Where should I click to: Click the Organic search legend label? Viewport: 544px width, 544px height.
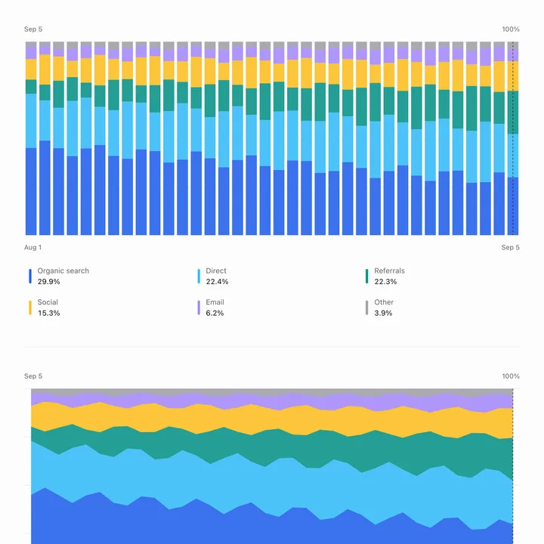tap(63, 270)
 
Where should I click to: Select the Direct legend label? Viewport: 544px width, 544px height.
tap(216, 270)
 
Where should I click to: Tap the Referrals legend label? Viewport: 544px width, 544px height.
tap(389, 270)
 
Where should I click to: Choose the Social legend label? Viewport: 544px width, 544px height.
tap(48, 302)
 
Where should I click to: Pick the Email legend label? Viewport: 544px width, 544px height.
tap(215, 302)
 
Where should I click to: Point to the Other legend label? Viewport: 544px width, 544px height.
tap(384, 302)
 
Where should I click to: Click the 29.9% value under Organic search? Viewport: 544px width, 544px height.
tap(48, 281)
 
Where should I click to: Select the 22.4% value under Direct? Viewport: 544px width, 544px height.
tap(217, 281)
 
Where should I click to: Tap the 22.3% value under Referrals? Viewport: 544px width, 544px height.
tap(385, 281)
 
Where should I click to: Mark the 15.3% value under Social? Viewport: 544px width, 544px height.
tap(48, 313)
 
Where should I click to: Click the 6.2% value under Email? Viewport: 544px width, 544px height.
tap(215, 313)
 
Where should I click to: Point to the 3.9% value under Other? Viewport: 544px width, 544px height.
tap(383, 313)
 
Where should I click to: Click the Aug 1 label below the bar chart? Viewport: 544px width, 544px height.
tap(32, 247)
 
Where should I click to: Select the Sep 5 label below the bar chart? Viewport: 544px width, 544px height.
tap(510, 247)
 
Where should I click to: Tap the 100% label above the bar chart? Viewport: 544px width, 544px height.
tap(511, 29)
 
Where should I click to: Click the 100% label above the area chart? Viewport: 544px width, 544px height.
tap(511, 376)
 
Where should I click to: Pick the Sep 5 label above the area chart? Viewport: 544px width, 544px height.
tap(33, 376)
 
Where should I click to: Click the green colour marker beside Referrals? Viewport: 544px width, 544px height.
tap(366, 277)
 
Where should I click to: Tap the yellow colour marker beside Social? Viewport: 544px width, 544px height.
tap(30, 308)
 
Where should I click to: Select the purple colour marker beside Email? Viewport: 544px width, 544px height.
tap(199, 308)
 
